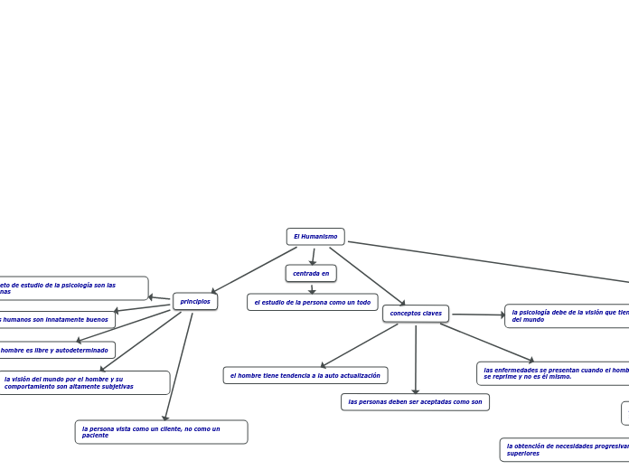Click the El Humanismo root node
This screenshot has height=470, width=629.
pos(315,237)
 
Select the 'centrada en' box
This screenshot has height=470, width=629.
pos(311,273)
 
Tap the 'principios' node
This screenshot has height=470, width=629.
pos(195,302)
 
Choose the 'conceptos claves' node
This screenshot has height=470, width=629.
pos(416,314)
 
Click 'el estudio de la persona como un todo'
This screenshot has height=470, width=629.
pos(313,303)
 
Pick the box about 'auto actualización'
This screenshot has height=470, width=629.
pos(305,375)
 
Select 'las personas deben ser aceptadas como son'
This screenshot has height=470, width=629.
pos(415,402)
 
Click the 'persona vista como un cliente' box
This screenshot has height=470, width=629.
pos(161,432)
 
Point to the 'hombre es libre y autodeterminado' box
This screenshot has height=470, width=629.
pos(56,350)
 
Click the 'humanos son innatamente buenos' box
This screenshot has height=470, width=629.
pos(56,320)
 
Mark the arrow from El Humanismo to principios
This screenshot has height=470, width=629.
pos(253,270)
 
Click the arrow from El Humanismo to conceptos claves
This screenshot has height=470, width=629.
pos(367,277)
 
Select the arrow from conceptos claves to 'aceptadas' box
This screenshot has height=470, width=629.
pos(416,360)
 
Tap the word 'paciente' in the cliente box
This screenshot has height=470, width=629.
pos(95,436)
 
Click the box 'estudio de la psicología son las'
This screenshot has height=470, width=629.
pos(72,288)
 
